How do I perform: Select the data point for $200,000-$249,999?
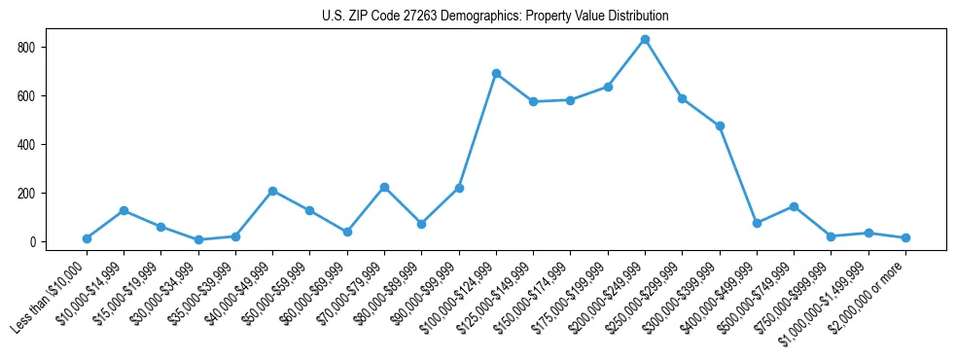coord(645,40)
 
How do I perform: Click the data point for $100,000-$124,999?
coord(496,74)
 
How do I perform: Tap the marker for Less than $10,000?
coord(88,238)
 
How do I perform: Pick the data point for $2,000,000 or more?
coord(905,237)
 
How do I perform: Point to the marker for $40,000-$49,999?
coord(273,191)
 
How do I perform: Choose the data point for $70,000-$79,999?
coord(384,187)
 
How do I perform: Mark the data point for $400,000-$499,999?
coord(757,223)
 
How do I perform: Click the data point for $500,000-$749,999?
coord(794,206)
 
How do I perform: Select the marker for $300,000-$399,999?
coord(720,126)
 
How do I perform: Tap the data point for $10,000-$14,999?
coord(124,210)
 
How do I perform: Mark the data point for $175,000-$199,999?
coord(608,87)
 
